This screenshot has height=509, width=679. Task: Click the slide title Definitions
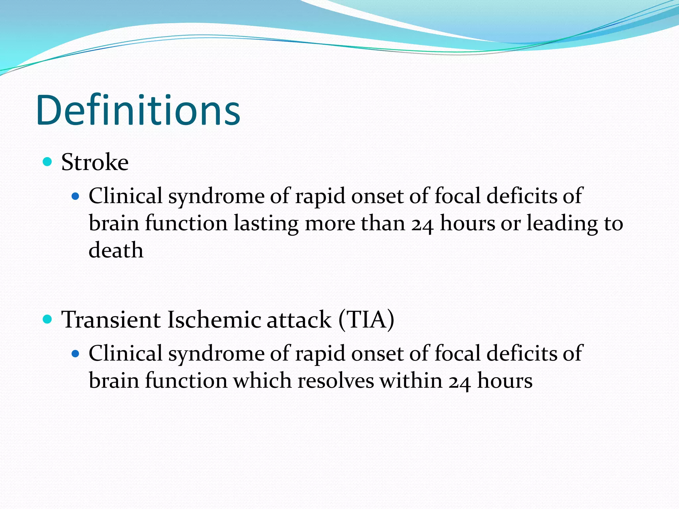[138, 110]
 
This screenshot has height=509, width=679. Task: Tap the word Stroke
[95, 162]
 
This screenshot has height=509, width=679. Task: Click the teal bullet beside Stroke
[48, 162]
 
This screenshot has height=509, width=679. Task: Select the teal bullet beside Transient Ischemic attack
[48, 319]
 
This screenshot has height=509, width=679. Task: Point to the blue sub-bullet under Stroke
[76, 197]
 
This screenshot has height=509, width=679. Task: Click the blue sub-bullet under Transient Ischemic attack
[76, 354]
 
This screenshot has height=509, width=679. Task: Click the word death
[116, 250]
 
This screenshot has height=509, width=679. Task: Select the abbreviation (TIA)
[366, 320]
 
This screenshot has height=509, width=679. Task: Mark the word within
[411, 380]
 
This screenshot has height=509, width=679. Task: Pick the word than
[383, 223]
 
